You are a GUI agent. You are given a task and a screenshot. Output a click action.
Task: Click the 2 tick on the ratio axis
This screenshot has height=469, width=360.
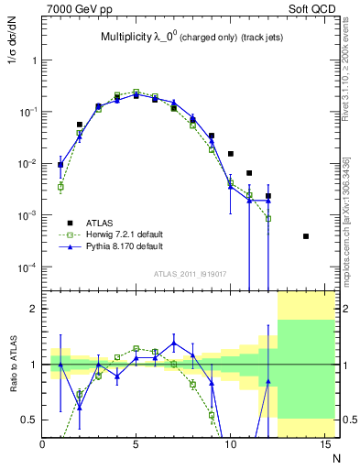point(34,309)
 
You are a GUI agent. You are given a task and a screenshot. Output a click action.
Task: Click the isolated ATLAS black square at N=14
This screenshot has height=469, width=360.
point(305,236)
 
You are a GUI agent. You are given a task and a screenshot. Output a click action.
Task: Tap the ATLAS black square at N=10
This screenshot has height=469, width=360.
point(230,154)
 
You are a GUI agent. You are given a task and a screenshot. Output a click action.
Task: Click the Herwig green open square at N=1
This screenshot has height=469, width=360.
point(60,187)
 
